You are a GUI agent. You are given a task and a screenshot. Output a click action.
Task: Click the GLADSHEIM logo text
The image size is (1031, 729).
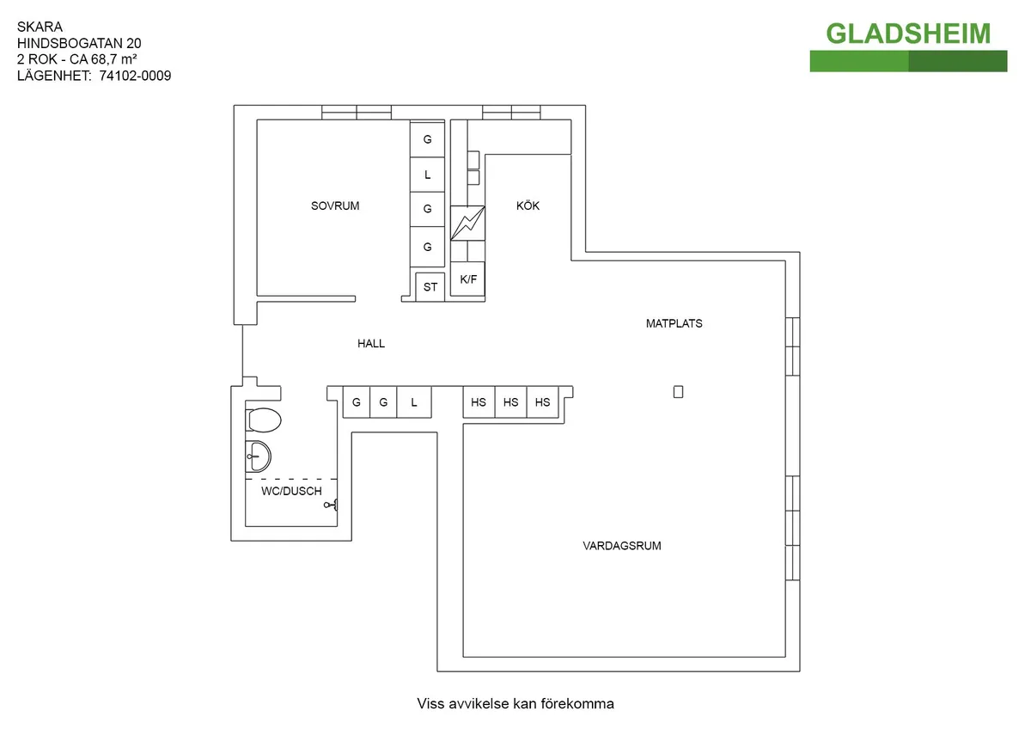tap(908, 34)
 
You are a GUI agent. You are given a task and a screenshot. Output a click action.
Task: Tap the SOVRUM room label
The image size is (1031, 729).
tap(335, 206)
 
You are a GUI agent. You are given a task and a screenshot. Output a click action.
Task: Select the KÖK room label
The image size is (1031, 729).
tap(528, 206)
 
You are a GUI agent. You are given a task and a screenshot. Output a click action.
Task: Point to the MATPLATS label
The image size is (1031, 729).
tap(674, 324)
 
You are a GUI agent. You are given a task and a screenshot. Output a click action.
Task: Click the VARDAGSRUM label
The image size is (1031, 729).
tap(622, 546)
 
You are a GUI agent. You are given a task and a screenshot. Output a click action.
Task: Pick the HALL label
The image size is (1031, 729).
tap(371, 344)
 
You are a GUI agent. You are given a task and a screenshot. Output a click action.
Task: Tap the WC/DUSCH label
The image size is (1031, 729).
tap(291, 492)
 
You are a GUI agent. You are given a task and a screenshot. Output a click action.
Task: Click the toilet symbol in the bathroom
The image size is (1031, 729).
tap(264, 421)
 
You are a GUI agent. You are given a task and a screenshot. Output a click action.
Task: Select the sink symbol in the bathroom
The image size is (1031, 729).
tap(258, 456)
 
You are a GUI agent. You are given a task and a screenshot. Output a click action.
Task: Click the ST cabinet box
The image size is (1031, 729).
tap(430, 287)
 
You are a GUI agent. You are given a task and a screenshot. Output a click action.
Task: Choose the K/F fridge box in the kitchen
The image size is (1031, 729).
tap(468, 279)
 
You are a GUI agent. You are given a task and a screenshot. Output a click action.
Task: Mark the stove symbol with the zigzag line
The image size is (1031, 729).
tap(468, 224)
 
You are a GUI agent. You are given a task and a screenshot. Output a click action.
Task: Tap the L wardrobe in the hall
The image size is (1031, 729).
tap(413, 402)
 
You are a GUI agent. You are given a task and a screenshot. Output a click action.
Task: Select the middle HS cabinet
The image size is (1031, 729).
tap(511, 402)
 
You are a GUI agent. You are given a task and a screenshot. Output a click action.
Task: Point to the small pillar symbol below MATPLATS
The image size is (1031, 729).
tap(678, 392)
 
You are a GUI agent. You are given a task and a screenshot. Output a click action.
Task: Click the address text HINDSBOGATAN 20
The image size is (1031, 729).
tap(79, 43)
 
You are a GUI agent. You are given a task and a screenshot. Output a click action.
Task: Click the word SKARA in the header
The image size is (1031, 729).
tap(35, 27)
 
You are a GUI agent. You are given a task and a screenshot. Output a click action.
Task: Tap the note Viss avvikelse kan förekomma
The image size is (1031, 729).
tap(515, 704)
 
